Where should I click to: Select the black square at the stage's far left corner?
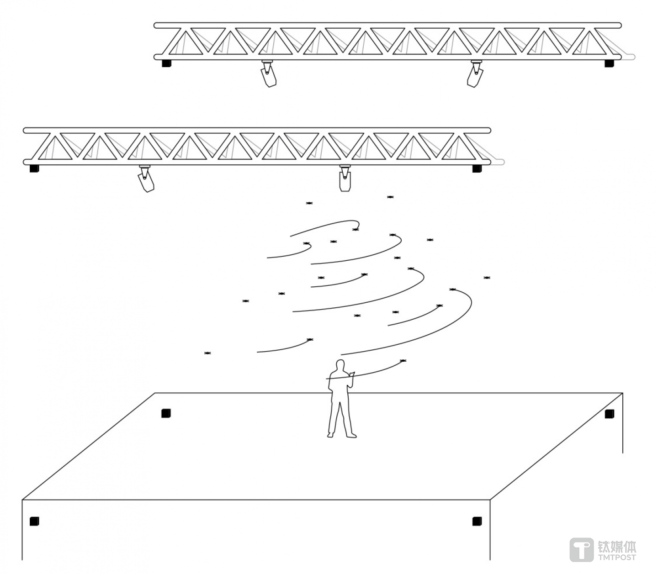[166, 413]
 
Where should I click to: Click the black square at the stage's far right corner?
[609, 414]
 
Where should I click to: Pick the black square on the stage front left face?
[34, 521]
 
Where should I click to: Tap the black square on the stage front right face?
[477, 521]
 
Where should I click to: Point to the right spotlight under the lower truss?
[345, 179]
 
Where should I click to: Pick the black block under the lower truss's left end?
[34, 169]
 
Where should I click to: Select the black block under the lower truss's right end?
[477, 169]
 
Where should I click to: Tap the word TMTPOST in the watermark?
[617, 557]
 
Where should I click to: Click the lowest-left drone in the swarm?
[207, 353]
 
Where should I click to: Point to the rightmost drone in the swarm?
[487, 278]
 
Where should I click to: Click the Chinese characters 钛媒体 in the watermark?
[617, 546]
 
